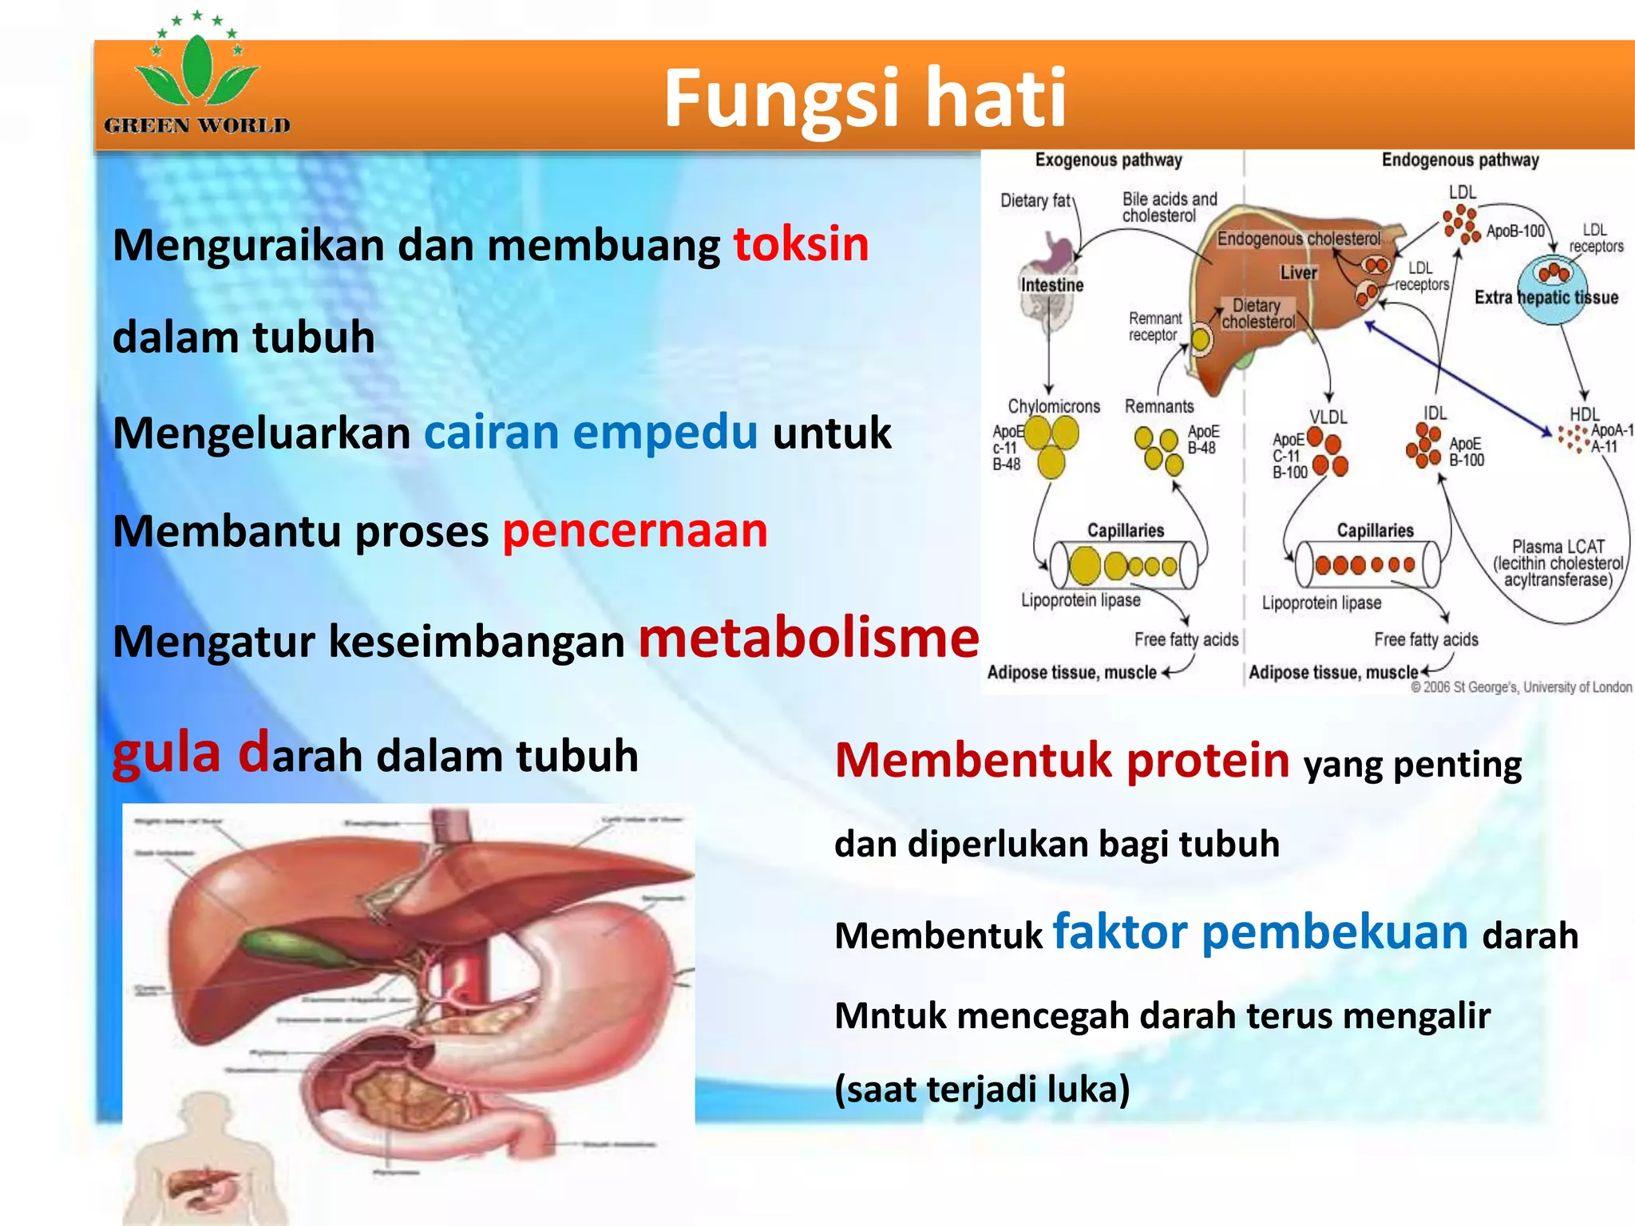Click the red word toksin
(801, 244)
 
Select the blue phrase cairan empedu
(590, 433)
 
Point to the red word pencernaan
(635, 531)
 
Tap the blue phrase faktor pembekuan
(1260, 931)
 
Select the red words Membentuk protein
(1062, 760)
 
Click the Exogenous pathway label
(1108, 160)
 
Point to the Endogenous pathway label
(1459, 160)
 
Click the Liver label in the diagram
(1298, 273)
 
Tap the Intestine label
(1051, 285)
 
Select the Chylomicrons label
(1053, 406)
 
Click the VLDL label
(1328, 417)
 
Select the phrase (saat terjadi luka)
(982, 1089)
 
